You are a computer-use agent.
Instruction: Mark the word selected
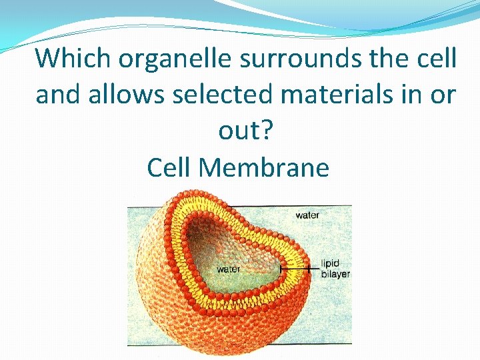coord(223,95)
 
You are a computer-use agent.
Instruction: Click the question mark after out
coord(267,131)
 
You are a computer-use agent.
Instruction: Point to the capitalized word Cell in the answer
coord(169,167)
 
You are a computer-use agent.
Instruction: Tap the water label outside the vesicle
coord(307,215)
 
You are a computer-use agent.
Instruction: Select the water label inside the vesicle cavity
coord(229,269)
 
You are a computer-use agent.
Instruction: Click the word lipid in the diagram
coord(331,264)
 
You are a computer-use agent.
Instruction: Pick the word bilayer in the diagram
coord(335,274)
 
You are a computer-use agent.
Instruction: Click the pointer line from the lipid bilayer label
coord(300,269)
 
